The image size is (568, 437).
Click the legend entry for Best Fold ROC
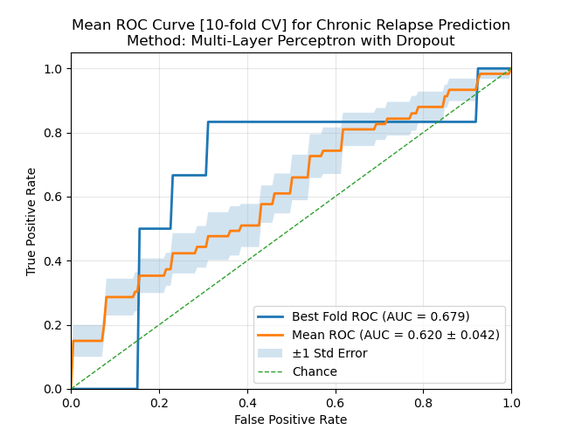[381, 316]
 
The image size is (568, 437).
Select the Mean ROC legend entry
[396, 335]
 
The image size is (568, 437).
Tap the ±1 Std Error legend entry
[329, 353]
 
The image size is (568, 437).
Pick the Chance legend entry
[315, 371]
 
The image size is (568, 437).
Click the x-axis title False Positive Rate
[290, 420]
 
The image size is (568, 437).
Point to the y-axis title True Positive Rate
[31, 221]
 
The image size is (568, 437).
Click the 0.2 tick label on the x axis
[159, 404]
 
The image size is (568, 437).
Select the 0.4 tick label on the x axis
[247, 404]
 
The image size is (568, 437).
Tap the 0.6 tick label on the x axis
[335, 404]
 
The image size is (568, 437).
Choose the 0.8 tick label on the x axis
[423, 404]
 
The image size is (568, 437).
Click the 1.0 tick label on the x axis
[511, 404]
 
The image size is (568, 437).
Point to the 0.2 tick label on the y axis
[54, 325]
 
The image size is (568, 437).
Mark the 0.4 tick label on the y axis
[54, 260]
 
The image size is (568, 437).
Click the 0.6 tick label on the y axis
[54, 197]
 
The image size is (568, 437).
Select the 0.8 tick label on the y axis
[54, 133]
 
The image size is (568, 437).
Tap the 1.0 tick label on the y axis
[54, 68]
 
